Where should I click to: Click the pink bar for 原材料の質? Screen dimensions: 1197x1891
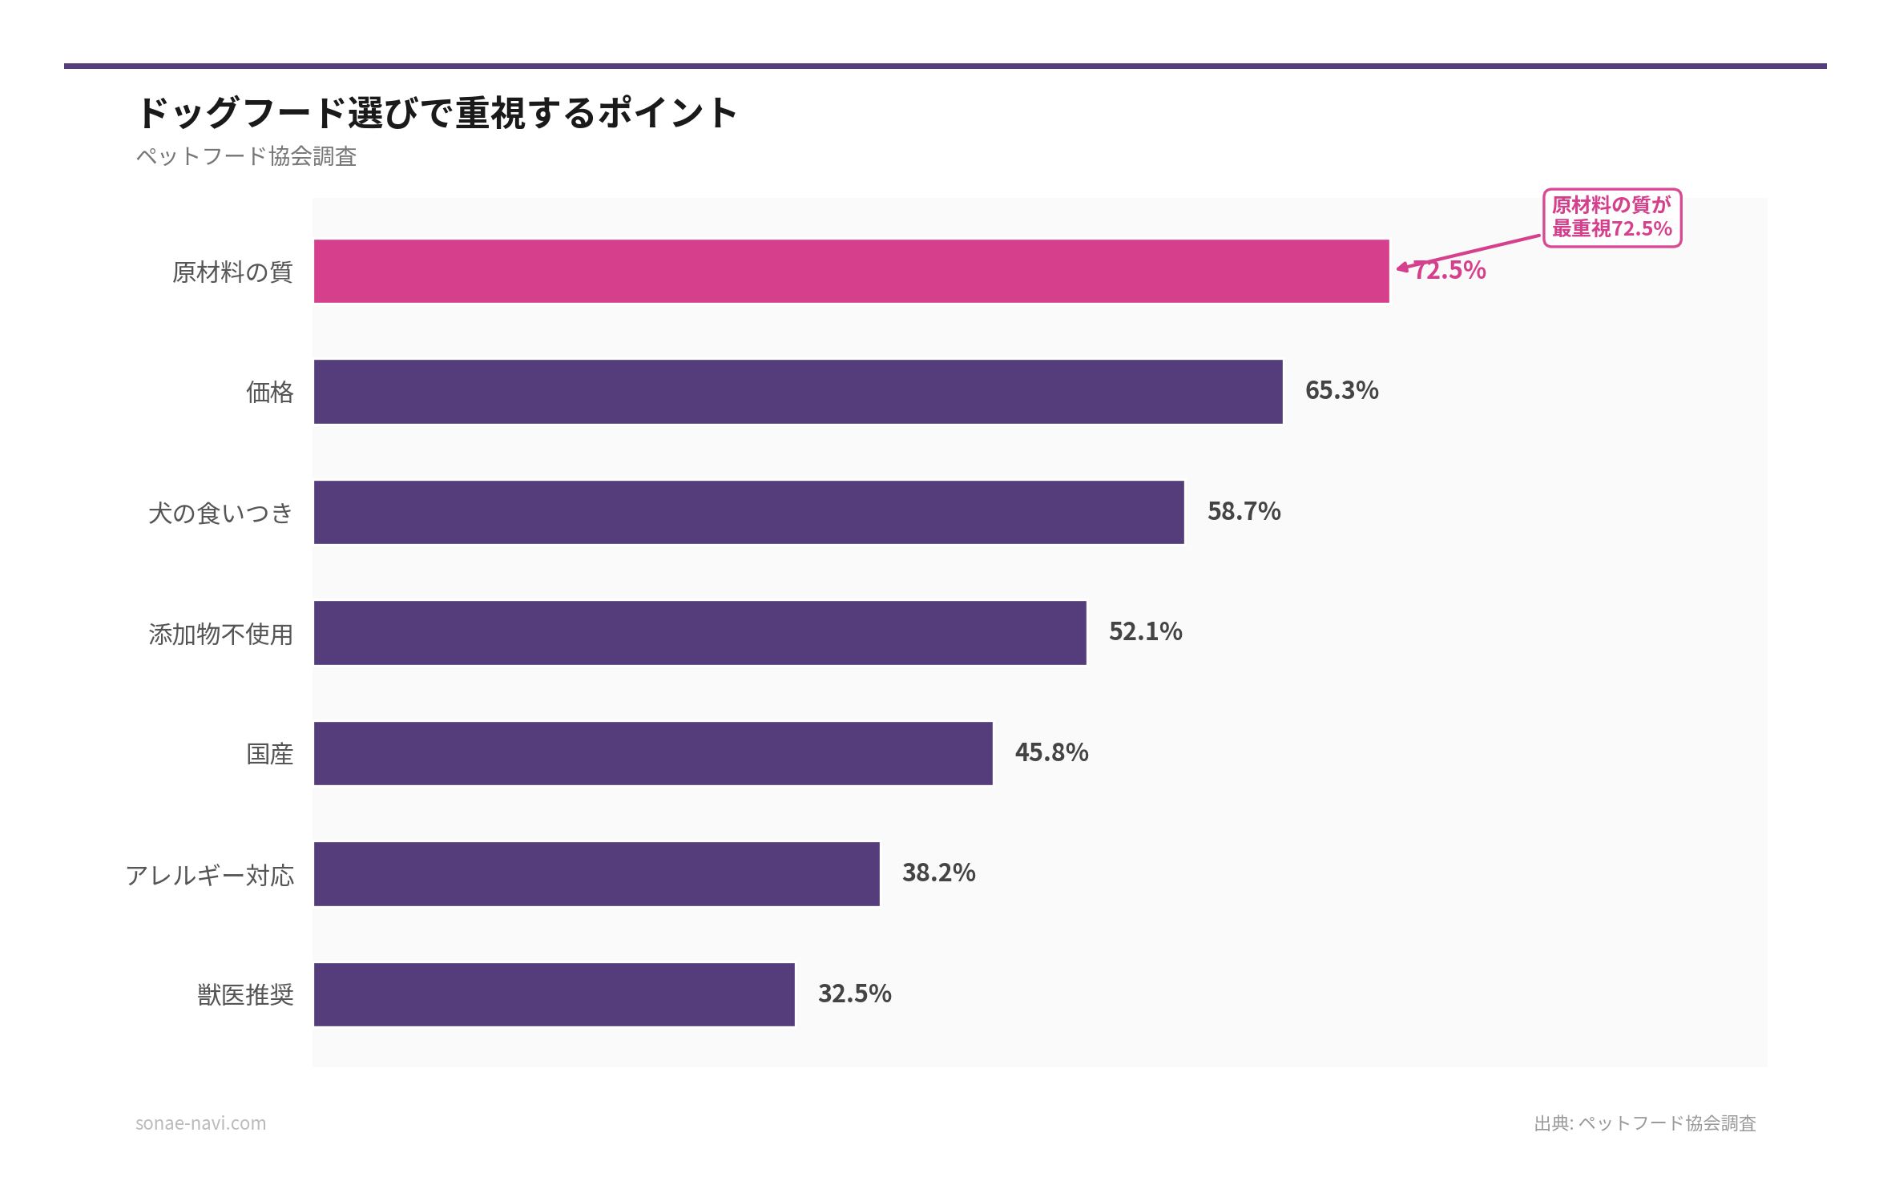tap(851, 271)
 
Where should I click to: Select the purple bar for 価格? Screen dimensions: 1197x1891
tap(798, 392)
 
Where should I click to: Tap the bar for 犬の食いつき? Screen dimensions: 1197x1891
tap(748, 512)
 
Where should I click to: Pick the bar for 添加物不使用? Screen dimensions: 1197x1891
tap(700, 633)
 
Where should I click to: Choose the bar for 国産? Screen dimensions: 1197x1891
tap(653, 753)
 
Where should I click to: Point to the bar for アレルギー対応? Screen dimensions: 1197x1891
tap(596, 874)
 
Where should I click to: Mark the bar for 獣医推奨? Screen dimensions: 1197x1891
tap(554, 994)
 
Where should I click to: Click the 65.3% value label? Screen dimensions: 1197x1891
tap(1341, 390)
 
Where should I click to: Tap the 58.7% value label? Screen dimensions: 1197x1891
tap(1244, 511)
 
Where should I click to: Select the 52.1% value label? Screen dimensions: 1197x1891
tap(1145, 631)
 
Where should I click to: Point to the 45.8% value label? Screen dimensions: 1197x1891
tap(1051, 752)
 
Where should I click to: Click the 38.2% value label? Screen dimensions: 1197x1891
tap(938, 873)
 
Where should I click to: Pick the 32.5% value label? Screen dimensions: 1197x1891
tap(854, 993)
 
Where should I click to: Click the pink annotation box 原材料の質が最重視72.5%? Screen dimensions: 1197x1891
tap(1611, 218)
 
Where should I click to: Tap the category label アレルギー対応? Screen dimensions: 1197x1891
tap(210, 875)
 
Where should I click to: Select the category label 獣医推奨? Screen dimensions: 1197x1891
tap(245, 995)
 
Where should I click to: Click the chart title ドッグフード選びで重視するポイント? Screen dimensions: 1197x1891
tap(437, 112)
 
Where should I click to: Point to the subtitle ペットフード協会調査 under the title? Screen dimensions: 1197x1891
tap(246, 156)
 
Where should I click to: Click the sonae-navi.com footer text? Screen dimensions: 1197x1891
tap(200, 1123)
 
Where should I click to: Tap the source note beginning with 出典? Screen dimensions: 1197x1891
tap(1644, 1123)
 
